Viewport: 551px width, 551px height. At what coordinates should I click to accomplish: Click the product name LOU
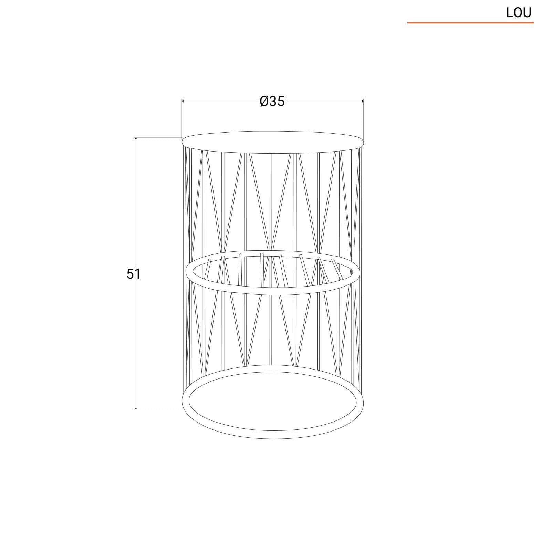[x=519, y=13]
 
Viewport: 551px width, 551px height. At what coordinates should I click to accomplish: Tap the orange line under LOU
[x=470, y=23]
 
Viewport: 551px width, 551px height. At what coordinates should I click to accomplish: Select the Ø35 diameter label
[x=272, y=101]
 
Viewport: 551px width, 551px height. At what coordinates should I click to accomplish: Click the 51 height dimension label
[x=134, y=274]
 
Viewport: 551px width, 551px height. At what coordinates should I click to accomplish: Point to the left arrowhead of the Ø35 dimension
[x=184, y=101]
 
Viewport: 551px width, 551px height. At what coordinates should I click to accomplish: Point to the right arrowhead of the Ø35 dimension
[x=362, y=101]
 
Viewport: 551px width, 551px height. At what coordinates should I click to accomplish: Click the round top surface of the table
[x=273, y=141]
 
